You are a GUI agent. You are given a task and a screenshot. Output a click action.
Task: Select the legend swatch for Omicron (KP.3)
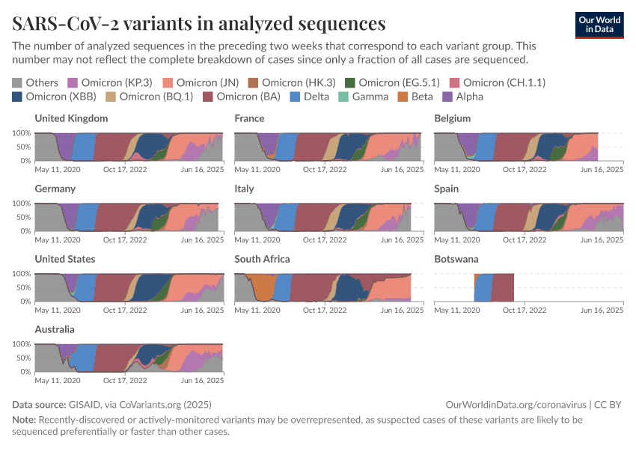tap(73, 82)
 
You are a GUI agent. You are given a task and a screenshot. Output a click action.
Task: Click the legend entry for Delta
tap(310, 97)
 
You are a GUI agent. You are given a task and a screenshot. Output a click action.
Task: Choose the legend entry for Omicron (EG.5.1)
tap(392, 82)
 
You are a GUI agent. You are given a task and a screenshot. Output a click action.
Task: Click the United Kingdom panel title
tap(71, 118)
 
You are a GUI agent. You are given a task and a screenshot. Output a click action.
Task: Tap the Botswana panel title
tap(458, 259)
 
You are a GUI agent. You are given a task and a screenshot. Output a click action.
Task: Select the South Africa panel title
tap(262, 259)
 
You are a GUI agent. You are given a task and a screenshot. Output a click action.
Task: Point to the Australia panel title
tap(55, 329)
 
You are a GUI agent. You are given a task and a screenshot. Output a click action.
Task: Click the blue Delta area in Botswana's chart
tap(483, 288)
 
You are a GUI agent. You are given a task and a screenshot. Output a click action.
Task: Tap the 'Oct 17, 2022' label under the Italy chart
tap(325, 240)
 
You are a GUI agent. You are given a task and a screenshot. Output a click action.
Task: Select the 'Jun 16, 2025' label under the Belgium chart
tap(603, 170)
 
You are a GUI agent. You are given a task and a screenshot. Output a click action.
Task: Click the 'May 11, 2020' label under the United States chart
tap(57, 311)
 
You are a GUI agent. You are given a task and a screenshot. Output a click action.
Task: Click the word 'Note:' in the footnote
tap(24, 420)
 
